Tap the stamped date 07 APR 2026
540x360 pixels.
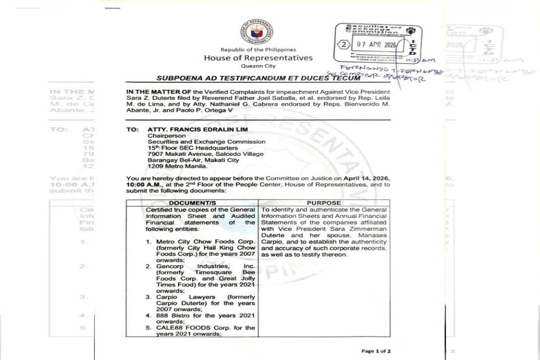[375, 45]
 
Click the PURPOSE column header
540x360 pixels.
[324, 203]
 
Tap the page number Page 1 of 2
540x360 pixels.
[376, 351]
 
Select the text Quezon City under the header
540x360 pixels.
[258, 66]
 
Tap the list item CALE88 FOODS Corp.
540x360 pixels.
[200, 328]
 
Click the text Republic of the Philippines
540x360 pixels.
[258, 49]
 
